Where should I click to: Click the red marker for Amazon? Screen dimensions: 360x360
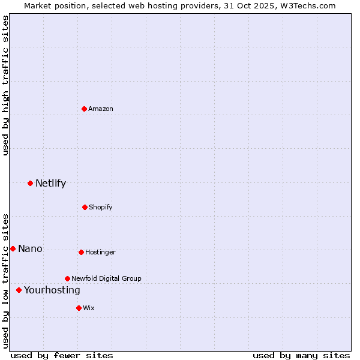(x=84, y=109)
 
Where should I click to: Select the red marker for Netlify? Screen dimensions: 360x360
(x=30, y=183)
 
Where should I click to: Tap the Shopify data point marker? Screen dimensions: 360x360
(x=85, y=207)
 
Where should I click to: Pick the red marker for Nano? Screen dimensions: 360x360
(x=13, y=248)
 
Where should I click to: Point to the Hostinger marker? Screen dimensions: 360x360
(x=81, y=252)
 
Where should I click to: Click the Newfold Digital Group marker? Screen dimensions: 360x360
(x=67, y=278)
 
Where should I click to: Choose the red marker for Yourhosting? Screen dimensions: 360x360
(x=19, y=290)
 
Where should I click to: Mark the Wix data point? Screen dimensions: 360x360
(x=79, y=308)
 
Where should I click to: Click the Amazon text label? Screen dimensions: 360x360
(x=101, y=109)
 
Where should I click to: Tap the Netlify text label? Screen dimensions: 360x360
(x=50, y=183)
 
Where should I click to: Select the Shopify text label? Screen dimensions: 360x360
(x=101, y=207)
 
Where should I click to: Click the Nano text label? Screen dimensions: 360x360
(x=30, y=248)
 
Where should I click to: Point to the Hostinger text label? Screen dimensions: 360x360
(x=100, y=252)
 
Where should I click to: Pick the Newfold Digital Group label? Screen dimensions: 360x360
(x=106, y=278)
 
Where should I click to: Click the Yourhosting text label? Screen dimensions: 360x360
(x=52, y=290)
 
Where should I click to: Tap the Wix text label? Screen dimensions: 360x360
(x=89, y=308)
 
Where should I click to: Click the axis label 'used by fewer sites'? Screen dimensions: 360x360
(x=62, y=355)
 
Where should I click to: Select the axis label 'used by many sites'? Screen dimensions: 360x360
(x=301, y=355)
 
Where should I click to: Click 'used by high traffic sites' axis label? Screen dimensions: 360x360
(x=5, y=85)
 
